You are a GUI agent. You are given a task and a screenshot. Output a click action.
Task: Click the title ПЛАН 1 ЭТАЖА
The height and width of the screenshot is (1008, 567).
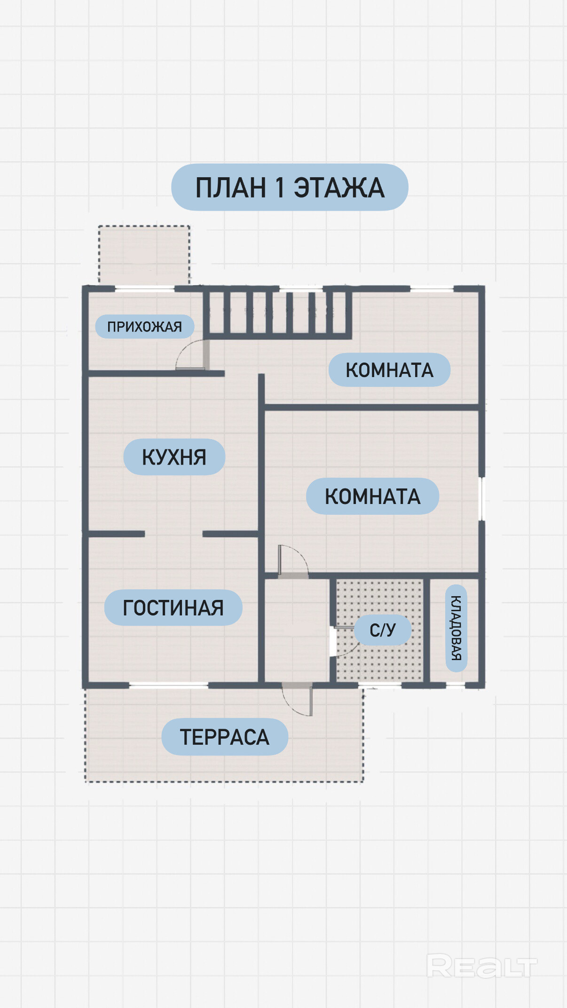click(290, 187)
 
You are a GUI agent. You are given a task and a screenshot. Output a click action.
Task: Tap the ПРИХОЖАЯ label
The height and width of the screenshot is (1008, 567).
click(145, 326)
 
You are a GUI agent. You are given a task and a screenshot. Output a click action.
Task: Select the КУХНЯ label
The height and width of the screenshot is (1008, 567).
click(174, 457)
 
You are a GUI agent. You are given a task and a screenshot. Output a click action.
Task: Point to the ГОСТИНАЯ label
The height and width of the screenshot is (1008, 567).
click(173, 607)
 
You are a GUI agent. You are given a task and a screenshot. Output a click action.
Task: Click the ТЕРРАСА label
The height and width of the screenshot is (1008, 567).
click(225, 737)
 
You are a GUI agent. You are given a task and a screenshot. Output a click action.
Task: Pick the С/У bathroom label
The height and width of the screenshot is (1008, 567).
click(383, 630)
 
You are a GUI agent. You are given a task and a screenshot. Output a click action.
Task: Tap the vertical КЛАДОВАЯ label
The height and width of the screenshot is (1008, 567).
click(456, 628)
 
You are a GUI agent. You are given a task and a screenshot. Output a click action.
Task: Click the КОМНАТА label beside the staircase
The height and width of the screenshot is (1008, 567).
click(389, 370)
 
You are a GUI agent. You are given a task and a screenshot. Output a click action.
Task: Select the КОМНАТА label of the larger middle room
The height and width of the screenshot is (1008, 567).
click(372, 496)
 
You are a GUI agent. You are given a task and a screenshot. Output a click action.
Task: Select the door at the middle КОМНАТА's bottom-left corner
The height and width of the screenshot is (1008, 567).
click(293, 560)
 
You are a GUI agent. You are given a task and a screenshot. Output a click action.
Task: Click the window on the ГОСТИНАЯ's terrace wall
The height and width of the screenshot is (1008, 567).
click(169, 685)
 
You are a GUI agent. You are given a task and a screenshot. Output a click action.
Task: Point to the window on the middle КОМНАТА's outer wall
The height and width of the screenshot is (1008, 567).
click(481, 499)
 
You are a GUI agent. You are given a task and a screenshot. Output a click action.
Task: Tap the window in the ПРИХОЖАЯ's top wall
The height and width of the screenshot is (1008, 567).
click(145, 288)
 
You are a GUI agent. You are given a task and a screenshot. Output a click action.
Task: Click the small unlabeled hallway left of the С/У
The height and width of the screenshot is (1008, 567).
click(297, 630)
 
